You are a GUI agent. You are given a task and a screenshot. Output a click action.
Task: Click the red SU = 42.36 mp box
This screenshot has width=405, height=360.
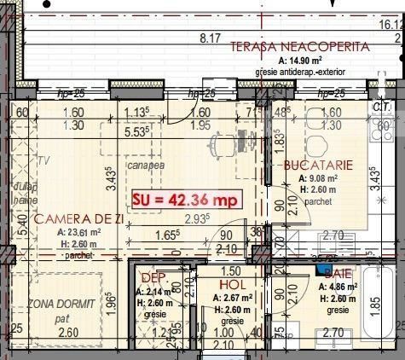[x=185, y=200]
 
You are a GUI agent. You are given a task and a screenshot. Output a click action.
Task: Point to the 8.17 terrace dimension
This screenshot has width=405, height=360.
[x=210, y=38]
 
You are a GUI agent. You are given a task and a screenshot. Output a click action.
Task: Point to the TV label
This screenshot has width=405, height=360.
[x=41, y=160]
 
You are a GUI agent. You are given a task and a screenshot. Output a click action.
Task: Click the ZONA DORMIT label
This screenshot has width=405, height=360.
[x=59, y=305]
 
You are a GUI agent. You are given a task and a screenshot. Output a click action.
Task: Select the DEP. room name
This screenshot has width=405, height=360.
[x=152, y=278]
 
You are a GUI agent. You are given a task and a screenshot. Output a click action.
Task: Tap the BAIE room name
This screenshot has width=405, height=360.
[x=339, y=273]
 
